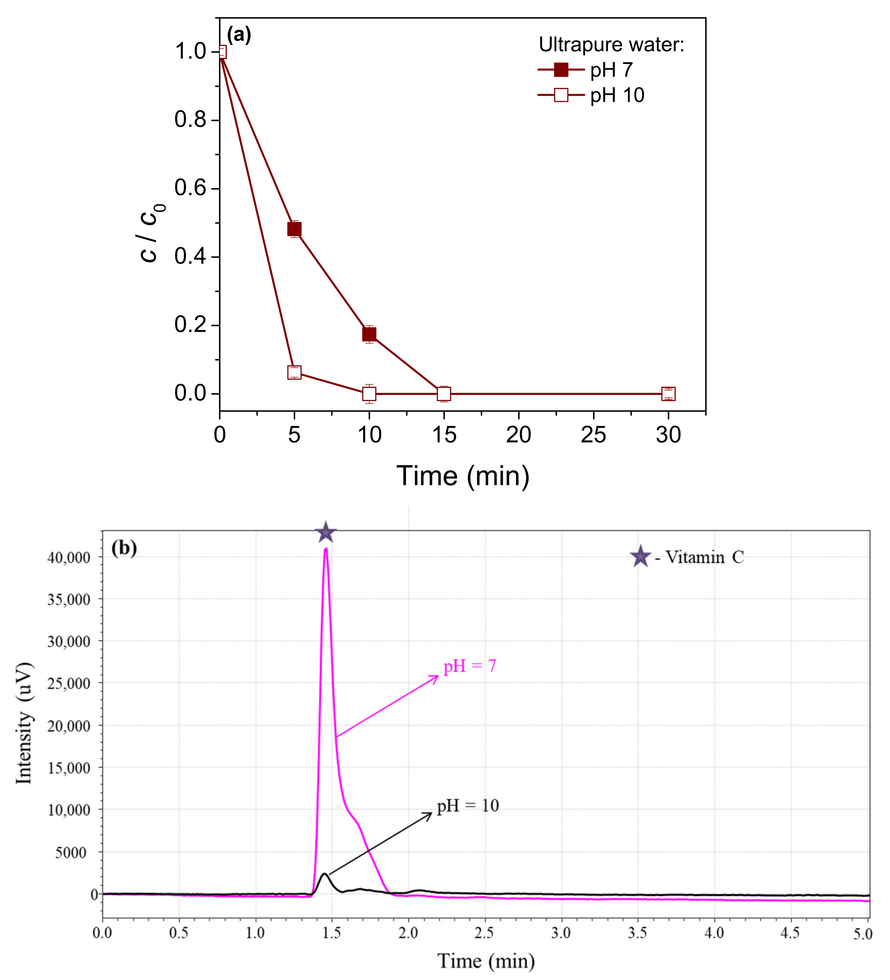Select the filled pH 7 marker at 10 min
tap(369, 334)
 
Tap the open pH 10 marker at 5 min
tap(294, 372)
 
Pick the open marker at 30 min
tap(668, 394)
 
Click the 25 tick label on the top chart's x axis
tap(593, 434)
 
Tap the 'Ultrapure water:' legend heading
tap(611, 45)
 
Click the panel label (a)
tap(239, 35)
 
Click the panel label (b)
tap(124, 548)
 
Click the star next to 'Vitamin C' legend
tap(641, 557)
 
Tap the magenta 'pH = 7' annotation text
tap(469, 666)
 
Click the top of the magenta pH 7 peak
tap(326, 549)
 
